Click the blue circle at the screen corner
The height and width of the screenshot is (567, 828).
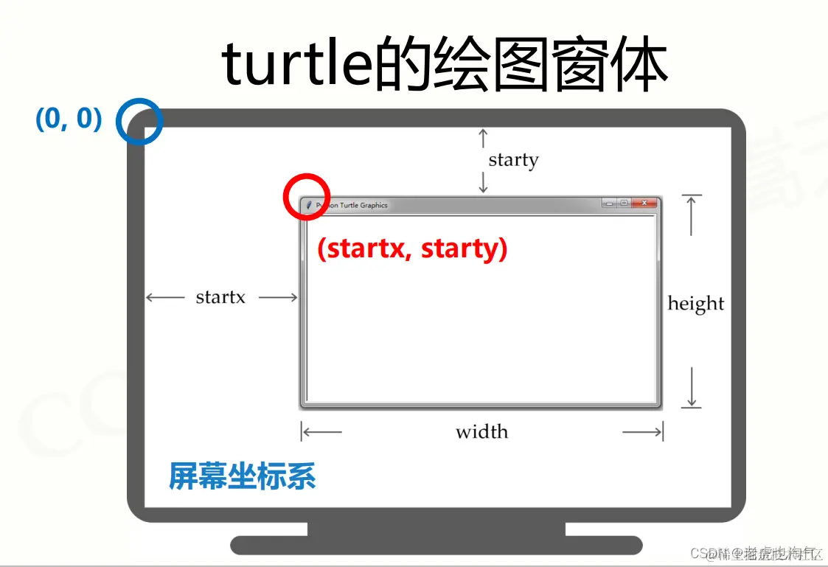coord(139,121)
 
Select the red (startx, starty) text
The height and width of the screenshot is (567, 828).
coord(412,248)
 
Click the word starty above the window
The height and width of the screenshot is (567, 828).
coord(513,159)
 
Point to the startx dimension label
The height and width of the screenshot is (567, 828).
coord(220,297)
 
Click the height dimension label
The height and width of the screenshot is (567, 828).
coord(695,303)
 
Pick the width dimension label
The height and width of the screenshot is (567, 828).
coord(481,431)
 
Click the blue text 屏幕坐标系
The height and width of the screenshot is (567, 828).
coord(243,476)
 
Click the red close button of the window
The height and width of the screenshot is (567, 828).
coord(644,203)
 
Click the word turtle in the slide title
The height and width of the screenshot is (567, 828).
coord(295,65)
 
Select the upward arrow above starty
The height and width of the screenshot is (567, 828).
coord(483,137)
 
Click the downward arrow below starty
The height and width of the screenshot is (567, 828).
coord(483,182)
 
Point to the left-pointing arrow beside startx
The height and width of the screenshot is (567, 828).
coord(164,297)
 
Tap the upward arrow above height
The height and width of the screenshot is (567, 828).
coord(691,214)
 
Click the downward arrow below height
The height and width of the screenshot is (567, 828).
coord(692,388)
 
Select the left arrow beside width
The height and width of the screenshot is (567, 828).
coord(322,431)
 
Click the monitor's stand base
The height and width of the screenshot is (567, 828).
coord(436,545)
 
